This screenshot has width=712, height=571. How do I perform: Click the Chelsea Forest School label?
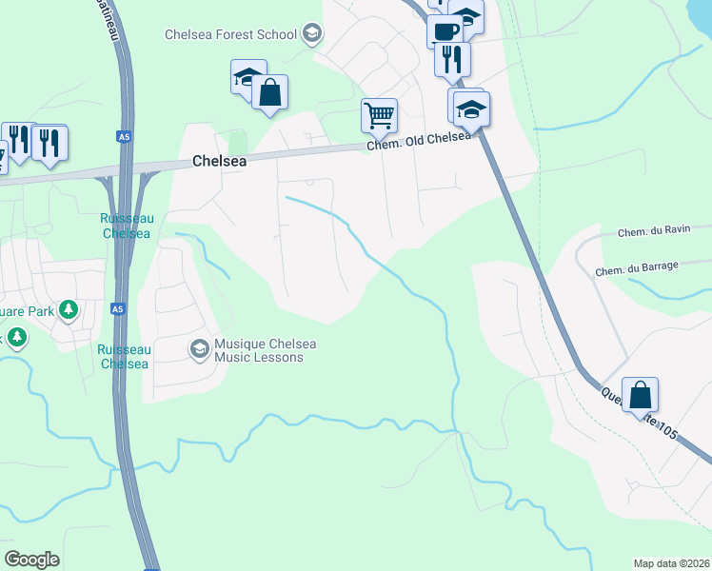[x=231, y=35]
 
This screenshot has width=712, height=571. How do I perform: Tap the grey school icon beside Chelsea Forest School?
[x=311, y=35]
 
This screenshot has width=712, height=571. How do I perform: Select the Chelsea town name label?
[x=219, y=162]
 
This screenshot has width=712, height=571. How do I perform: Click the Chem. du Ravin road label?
[x=651, y=232]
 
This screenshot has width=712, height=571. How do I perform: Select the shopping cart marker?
[x=379, y=116]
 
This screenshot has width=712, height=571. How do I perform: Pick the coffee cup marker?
[x=445, y=30]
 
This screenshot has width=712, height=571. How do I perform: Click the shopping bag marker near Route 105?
[x=641, y=395]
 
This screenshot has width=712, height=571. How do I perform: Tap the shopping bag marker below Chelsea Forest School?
[x=270, y=93]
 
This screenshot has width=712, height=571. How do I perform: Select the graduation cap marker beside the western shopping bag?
[x=247, y=77]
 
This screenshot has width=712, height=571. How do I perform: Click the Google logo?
[x=31, y=560]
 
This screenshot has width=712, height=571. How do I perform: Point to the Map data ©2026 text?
[x=671, y=563]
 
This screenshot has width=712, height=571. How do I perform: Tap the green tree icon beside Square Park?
[x=68, y=309]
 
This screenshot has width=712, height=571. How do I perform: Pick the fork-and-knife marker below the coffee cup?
[x=452, y=59]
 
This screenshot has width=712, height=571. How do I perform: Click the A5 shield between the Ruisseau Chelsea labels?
[x=117, y=309]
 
